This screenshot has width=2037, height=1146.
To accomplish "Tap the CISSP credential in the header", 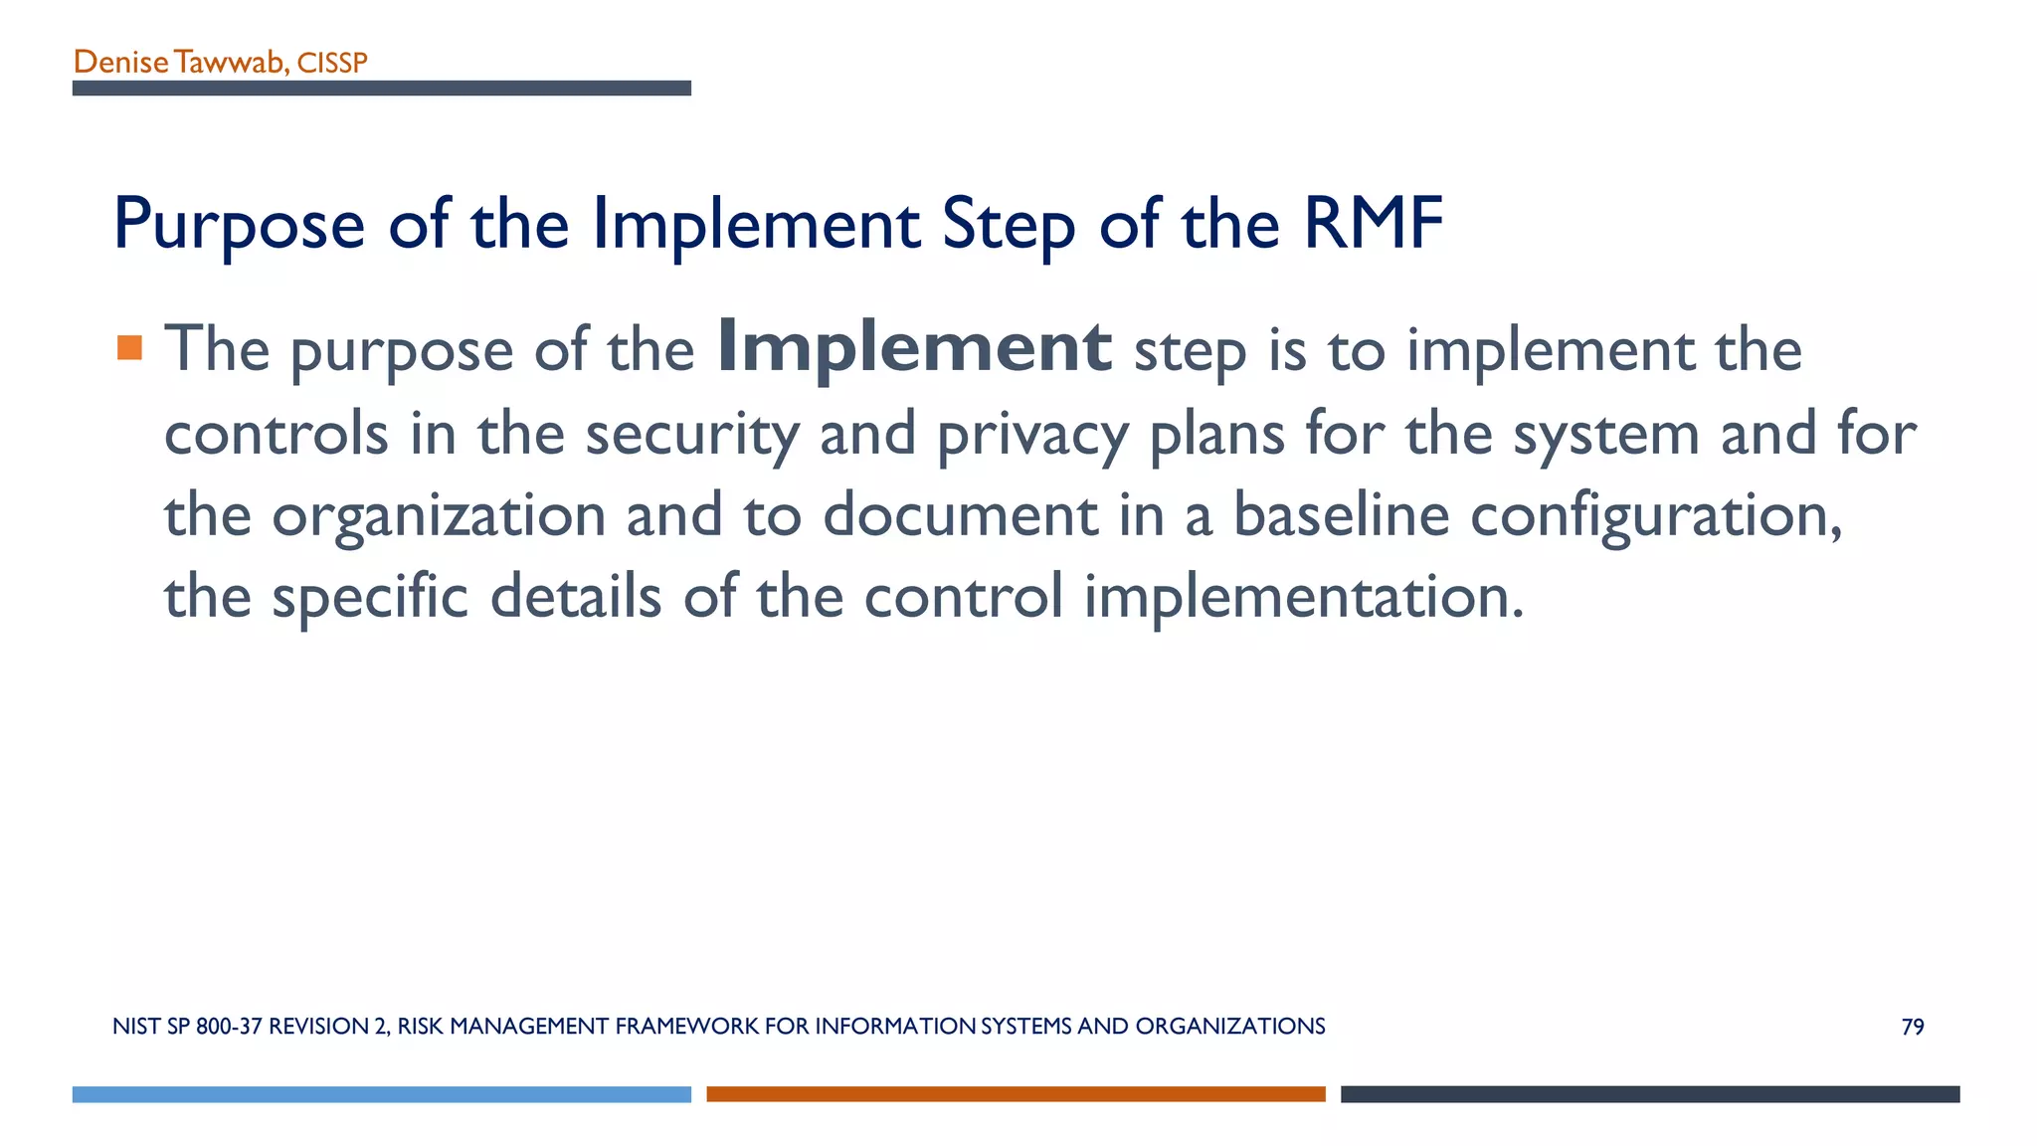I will click(x=332, y=64).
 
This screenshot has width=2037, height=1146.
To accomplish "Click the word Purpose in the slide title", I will click(x=240, y=225).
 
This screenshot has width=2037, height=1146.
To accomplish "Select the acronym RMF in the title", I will click(x=1373, y=223).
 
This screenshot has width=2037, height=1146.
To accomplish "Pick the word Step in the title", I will click(x=1009, y=225).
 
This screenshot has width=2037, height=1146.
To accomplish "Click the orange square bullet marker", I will click(x=129, y=347).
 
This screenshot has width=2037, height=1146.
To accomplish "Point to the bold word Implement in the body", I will click(x=913, y=347).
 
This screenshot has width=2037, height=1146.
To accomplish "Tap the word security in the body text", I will click(x=691, y=434).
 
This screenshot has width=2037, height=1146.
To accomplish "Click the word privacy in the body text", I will click(x=1032, y=434).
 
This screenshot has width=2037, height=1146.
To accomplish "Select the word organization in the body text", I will click(x=439, y=515).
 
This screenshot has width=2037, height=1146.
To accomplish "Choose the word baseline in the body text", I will click(x=1341, y=515).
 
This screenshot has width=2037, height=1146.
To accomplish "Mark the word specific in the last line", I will click(x=369, y=597).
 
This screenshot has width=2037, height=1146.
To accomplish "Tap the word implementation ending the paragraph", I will click(x=1303, y=597).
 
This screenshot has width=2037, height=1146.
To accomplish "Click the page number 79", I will click(x=1912, y=1027).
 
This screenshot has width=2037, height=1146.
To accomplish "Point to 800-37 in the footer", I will click(x=229, y=1027).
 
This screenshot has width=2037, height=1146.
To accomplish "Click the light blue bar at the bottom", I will click(x=381, y=1094).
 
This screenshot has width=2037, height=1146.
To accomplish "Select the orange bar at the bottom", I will click(x=1016, y=1094).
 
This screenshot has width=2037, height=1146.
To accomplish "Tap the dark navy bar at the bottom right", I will click(x=1650, y=1094).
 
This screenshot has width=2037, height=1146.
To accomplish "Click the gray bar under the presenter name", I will click(x=381, y=89).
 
